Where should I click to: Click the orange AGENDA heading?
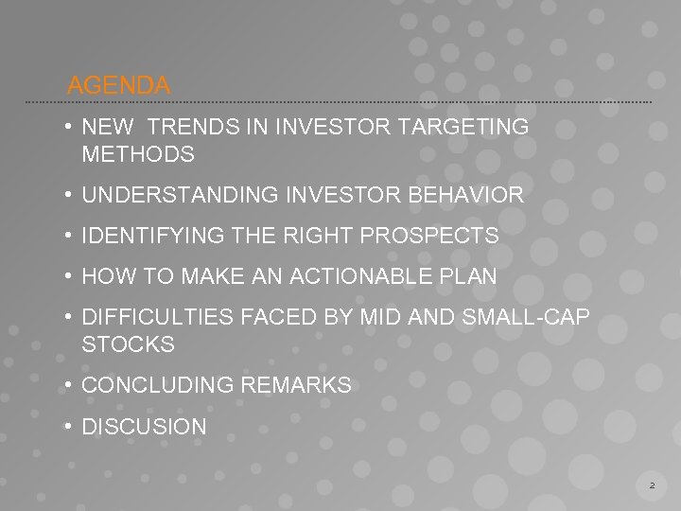119,85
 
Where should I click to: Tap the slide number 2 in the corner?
652,485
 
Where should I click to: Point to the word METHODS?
138,153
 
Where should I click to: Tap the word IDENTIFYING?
148,236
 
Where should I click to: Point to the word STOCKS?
129,344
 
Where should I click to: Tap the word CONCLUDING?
156,385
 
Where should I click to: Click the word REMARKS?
295,385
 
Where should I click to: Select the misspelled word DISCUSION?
144,427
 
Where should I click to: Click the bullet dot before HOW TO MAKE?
70,277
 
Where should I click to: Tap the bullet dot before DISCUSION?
70,427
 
